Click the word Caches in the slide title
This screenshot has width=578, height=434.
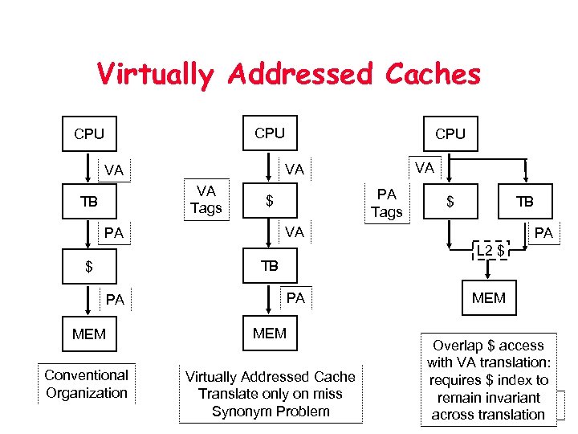click(x=431, y=74)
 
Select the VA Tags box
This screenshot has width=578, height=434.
click(x=206, y=199)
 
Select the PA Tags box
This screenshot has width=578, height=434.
click(x=386, y=203)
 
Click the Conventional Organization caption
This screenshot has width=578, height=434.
click(x=86, y=384)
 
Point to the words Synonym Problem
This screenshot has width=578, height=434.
click(x=270, y=411)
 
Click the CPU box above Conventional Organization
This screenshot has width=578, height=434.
click(x=89, y=134)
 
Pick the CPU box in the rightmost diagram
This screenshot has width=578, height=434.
click(x=450, y=134)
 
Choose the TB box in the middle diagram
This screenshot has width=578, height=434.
click(x=269, y=266)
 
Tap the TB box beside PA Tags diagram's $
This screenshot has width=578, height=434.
click(x=524, y=202)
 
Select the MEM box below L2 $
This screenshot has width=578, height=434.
click(x=488, y=298)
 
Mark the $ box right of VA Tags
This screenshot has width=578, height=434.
click(x=270, y=201)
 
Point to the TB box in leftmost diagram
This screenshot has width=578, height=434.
click(x=89, y=202)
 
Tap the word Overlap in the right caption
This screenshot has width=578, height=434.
click(x=458, y=346)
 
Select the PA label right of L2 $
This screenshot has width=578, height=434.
click(x=545, y=233)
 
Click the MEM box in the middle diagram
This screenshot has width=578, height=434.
click(x=269, y=333)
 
